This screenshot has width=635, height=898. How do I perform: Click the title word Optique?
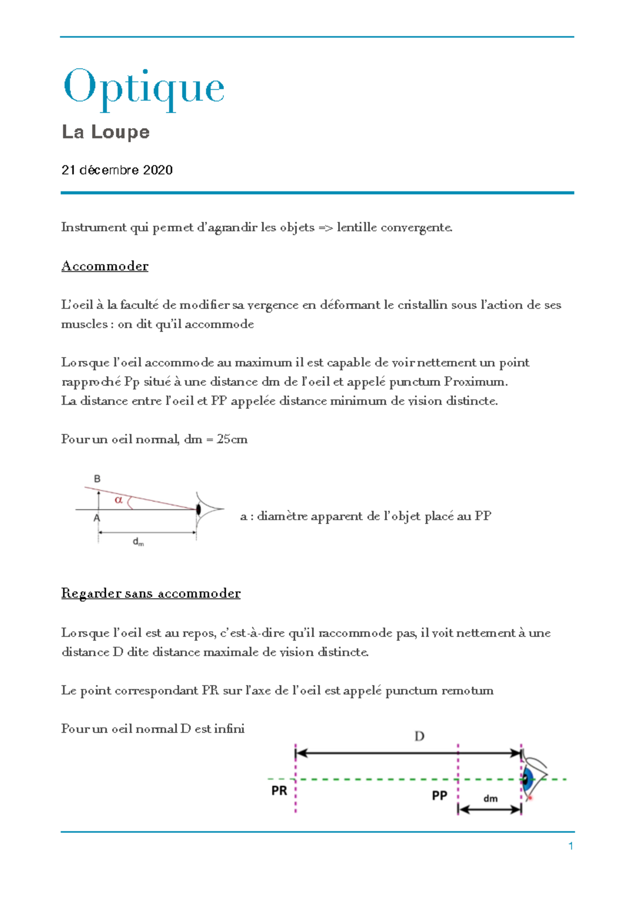pos(144,88)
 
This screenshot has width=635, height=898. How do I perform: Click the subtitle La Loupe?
pos(105,132)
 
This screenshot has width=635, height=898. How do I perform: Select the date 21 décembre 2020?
pos(117,170)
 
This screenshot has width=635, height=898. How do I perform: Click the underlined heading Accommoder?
pos(105,266)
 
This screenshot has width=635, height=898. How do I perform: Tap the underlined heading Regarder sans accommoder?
pos(151,593)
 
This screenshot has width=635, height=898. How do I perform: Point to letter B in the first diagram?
pos(97,479)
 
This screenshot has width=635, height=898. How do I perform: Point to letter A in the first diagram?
pos(97,519)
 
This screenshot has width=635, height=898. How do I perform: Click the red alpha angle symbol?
pos(119,499)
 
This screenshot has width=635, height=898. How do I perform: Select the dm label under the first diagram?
pos(138,542)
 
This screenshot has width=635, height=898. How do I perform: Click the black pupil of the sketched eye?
pos(198,509)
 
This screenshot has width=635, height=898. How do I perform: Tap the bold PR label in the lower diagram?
pos(279,791)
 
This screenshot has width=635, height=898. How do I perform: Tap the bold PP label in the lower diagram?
pos(439,795)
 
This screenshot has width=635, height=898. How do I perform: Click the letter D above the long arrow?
pos(419,736)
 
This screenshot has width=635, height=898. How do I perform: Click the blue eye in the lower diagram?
pos(528,779)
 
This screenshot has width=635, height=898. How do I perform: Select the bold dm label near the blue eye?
pos(491,799)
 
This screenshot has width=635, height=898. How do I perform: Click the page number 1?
pos(570,846)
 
